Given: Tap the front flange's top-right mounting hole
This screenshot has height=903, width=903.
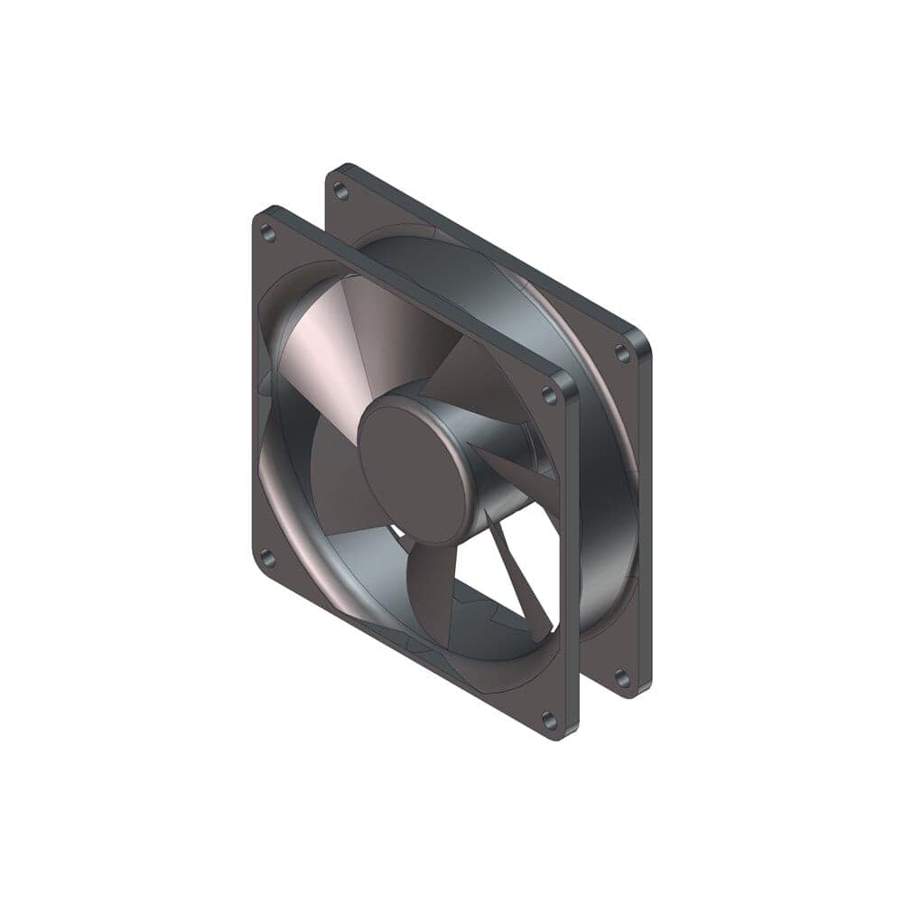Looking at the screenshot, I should point(549,395).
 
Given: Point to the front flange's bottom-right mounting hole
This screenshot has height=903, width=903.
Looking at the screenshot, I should point(548,720).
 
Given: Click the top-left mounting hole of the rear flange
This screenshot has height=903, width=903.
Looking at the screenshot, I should point(340,191).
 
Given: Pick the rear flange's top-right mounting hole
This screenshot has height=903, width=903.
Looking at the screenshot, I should point(622,354).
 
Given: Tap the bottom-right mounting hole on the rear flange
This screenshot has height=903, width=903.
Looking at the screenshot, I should point(622,676).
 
